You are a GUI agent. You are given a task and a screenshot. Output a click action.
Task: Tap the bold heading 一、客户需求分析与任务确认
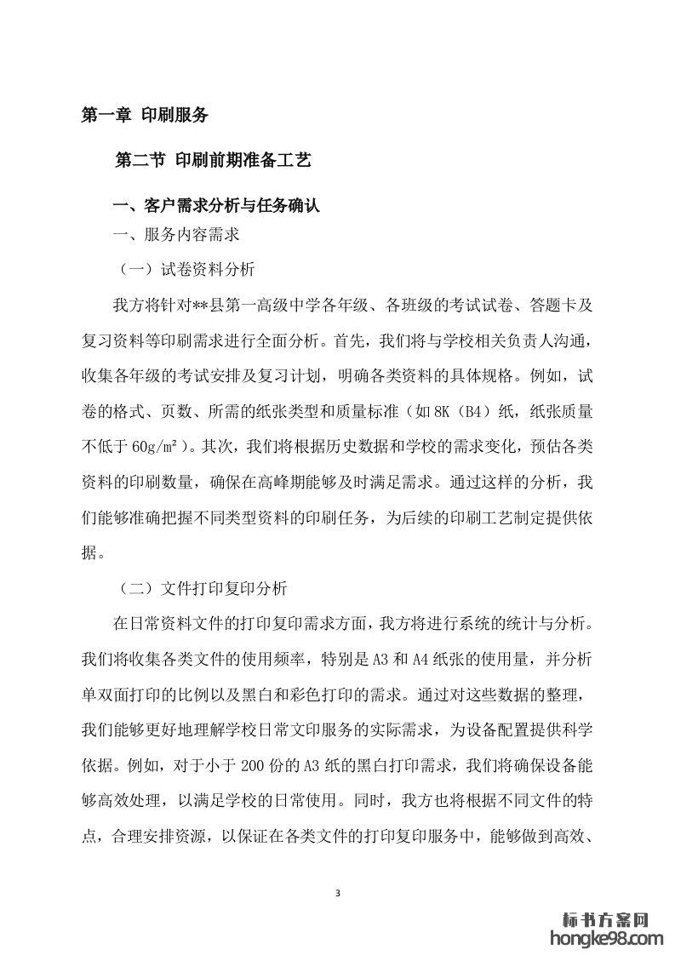[217, 206]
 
